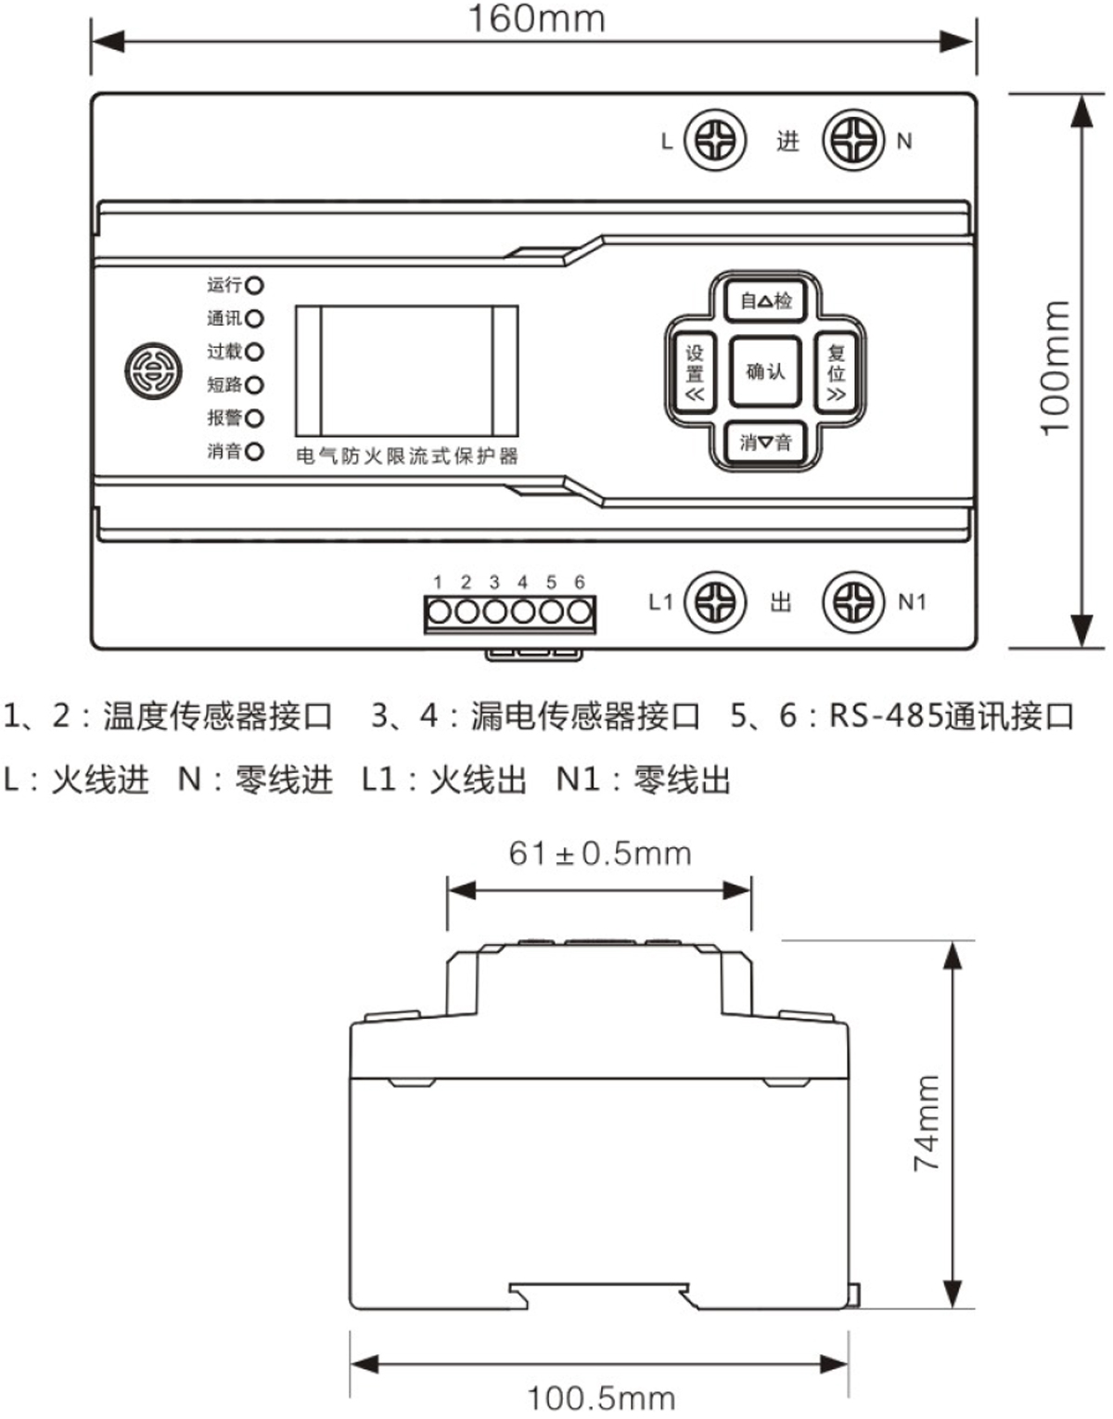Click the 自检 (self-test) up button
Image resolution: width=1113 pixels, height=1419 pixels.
[765, 301]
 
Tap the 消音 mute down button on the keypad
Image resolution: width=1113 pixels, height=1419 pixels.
[765, 443]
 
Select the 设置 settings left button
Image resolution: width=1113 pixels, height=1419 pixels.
[694, 372]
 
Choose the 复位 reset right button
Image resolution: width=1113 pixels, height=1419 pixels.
[836, 372]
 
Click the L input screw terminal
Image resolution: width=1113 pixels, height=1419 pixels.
[715, 141]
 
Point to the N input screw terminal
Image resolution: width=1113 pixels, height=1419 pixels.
[854, 141]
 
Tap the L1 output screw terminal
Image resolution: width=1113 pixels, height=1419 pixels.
[715, 602]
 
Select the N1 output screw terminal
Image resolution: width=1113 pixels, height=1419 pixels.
[854, 602]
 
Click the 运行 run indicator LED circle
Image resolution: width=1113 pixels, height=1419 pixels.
[254, 285]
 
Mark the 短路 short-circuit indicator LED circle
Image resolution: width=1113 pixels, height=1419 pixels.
[254, 385]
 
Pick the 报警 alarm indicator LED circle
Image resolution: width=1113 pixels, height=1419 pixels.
[254, 419]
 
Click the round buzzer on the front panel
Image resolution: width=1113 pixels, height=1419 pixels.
[153, 371]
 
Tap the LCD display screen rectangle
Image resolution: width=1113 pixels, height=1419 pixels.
[406, 370]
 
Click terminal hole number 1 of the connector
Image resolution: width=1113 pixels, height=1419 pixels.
[439, 613]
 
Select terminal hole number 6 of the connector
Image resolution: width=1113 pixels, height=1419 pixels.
[580, 613]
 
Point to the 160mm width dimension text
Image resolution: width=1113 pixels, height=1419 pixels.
[536, 19]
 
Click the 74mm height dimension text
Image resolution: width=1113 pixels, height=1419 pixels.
[927, 1123]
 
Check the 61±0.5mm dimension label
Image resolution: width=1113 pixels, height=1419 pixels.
[600, 853]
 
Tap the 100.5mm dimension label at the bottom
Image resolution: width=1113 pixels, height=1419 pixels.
[601, 1398]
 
